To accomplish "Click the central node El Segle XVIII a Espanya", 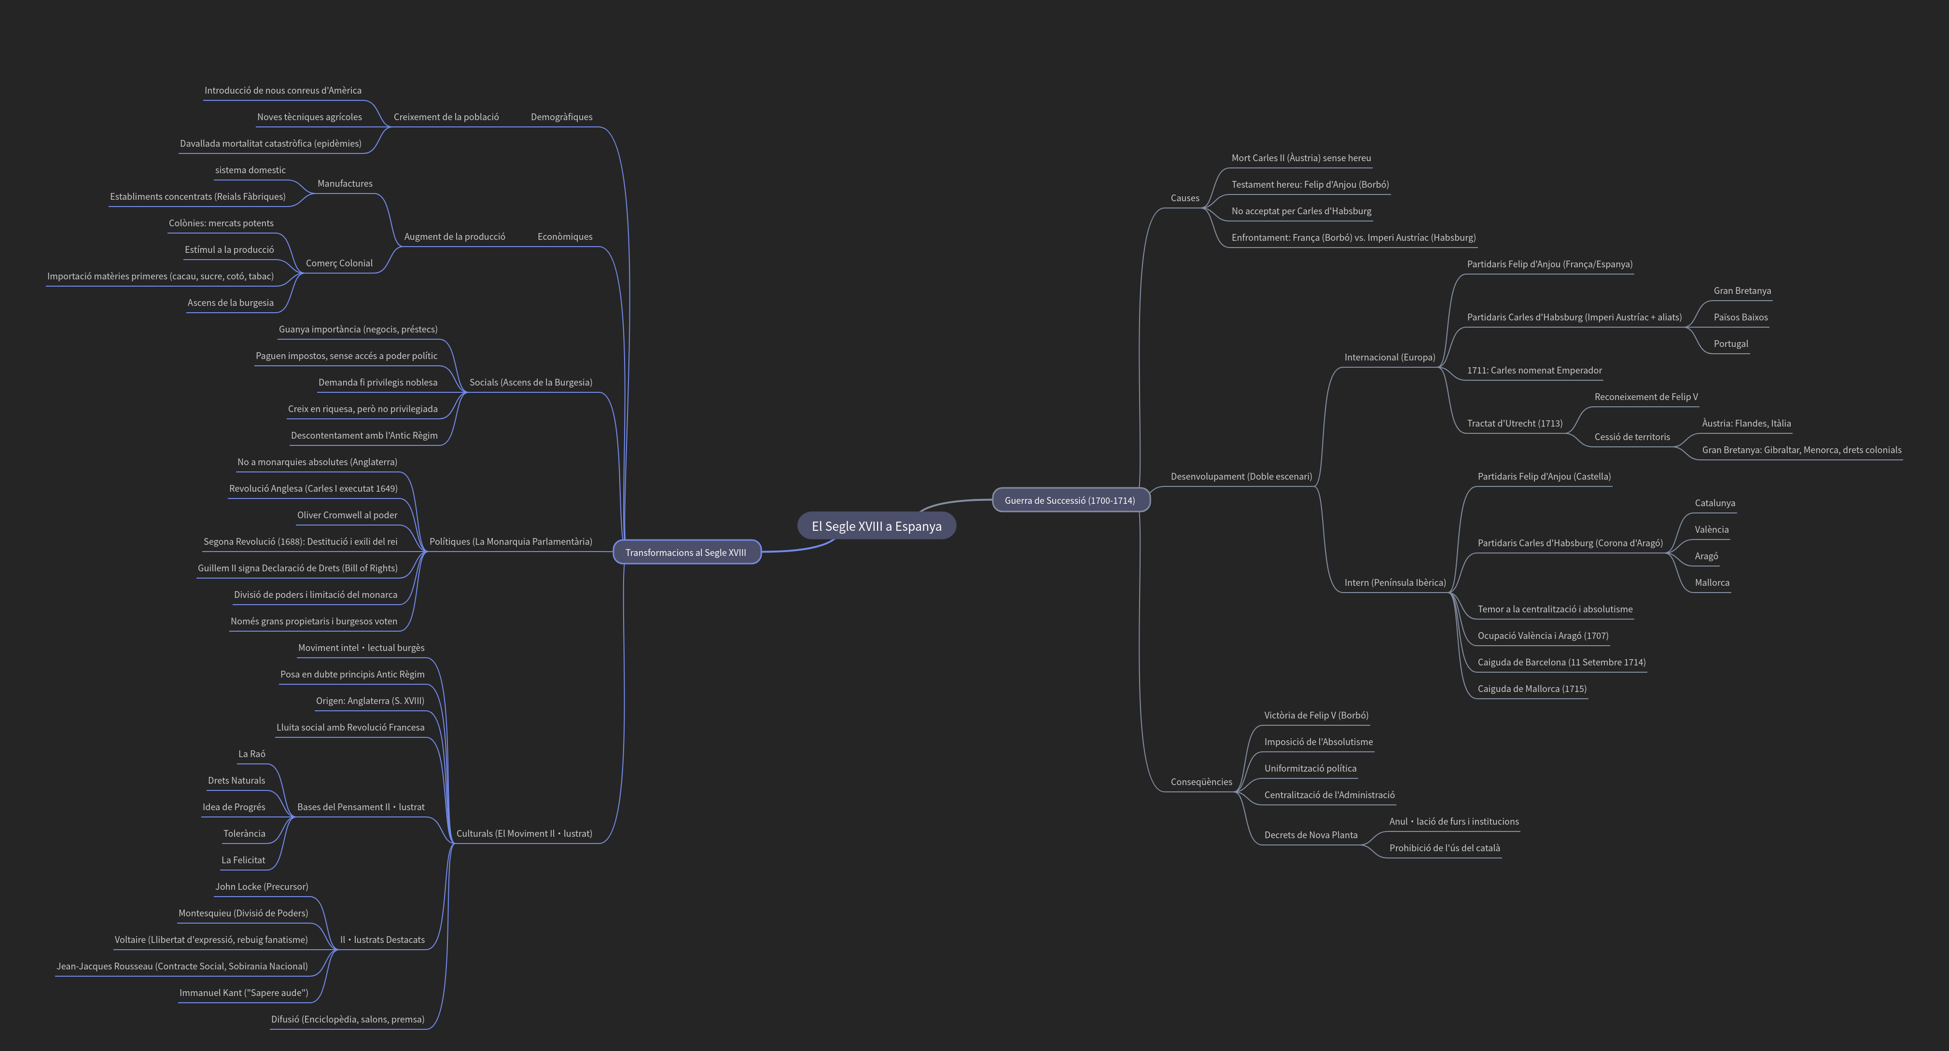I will click(876, 526).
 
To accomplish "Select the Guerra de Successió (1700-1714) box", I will click(1070, 500).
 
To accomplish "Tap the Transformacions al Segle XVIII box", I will click(685, 553).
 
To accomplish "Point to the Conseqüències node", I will click(1201, 782).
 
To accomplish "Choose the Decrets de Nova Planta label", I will click(1310, 835).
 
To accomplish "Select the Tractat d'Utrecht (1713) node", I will click(1514, 424).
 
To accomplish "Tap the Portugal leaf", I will click(1730, 344).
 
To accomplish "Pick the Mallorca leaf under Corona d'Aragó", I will click(1712, 582).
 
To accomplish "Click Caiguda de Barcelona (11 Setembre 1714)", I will click(1561, 662).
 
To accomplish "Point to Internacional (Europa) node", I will click(1389, 357).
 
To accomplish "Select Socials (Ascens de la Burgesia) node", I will click(530, 382).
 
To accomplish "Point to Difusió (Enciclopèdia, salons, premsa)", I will click(348, 1019).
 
